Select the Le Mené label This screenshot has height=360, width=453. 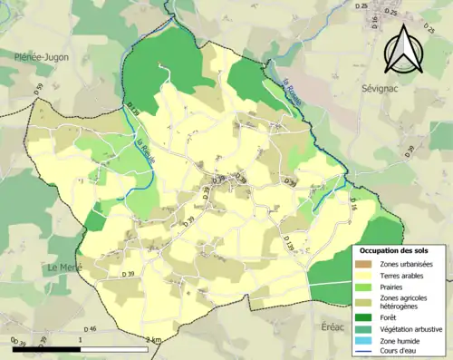tap(65, 268)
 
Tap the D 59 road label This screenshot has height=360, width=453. tap(39, 89)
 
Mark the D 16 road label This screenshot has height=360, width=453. tap(354, 209)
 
